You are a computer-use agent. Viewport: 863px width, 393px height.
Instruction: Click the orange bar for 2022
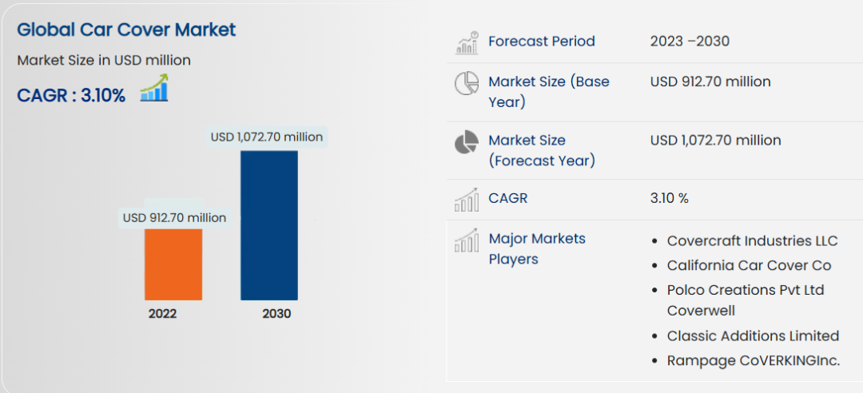[x=173, y=264]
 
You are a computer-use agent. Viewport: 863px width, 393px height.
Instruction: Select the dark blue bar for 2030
[x=269, y=225]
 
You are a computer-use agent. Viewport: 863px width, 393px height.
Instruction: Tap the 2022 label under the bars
[x=162, y=313]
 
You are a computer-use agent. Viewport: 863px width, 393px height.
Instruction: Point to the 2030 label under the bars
[x=276, y=313]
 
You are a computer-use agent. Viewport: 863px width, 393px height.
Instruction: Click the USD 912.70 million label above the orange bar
[x=174, y=217]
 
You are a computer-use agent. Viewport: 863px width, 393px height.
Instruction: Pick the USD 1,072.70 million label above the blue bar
[x=267, y=137]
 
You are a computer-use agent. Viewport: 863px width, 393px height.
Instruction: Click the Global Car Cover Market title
[x=126, y=30]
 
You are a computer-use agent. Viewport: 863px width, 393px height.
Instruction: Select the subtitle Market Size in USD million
[x=104, y=60]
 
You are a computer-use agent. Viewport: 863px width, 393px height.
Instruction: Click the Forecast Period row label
[x=541, y=42]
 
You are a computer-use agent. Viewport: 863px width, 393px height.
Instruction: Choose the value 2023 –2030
[x=690, y=42]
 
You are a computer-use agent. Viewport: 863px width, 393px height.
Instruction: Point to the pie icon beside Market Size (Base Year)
[x=467, y=83]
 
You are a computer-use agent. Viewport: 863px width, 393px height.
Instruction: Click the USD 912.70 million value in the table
[x=710, y=81]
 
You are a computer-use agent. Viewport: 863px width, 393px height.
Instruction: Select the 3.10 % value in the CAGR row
[x=669, y=198]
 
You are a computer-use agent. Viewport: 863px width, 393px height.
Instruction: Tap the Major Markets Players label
[x=536, y=248]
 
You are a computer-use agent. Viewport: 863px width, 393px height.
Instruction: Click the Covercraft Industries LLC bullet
[x=752, y=241]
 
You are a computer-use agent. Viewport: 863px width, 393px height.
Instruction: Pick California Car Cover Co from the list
[x=749, y=265]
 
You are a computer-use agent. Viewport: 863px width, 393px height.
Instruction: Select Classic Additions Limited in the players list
[x=753, y=335]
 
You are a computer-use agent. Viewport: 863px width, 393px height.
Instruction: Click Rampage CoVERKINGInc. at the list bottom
[x=753, y=361]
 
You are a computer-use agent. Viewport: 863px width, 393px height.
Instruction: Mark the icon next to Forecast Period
[x=467, y=42]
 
